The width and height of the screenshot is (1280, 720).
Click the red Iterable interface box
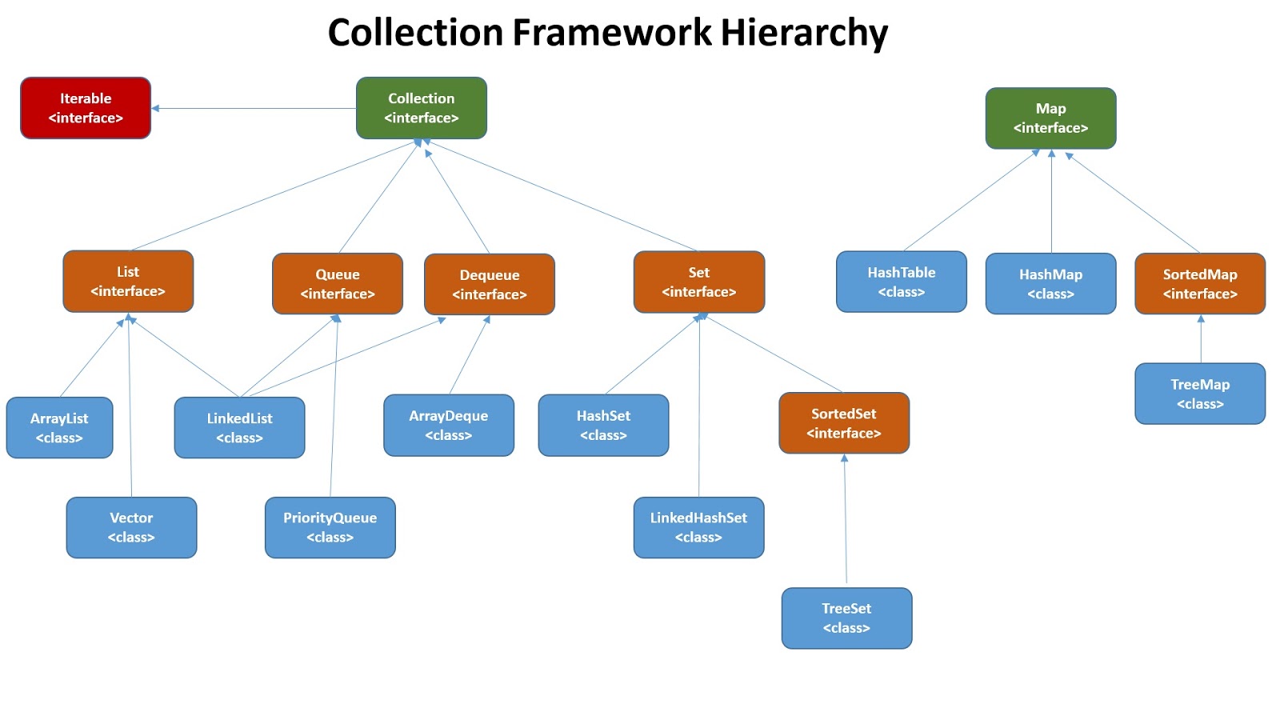(x=86, y=108)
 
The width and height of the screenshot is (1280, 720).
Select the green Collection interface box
(x=422, y=108)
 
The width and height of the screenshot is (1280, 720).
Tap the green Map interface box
(x=1050, y=118)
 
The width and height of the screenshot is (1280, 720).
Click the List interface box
(x=128, y=282)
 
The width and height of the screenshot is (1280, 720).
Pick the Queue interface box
(x=338, y=284)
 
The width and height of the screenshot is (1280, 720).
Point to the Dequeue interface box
(x=490, y=285)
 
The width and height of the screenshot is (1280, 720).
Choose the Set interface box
(x=699, y=282)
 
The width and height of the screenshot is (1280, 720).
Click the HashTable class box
(x=902, y=282)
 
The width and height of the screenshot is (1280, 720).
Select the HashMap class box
(x=1050, y=284)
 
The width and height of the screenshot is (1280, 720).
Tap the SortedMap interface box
(x=1200, y=284)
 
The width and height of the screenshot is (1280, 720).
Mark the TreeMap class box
(x=1200, y=394)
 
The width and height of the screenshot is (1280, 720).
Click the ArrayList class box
(x=59, y=428)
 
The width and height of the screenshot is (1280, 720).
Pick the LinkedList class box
(x=240, y=428)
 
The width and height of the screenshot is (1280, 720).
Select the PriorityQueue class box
(x=330, y=528)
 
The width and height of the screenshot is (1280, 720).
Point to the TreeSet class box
(x=846, y=618)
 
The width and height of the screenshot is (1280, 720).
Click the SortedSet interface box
(x=844, y=423)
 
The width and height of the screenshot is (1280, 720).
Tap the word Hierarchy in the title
(x=804, y=33)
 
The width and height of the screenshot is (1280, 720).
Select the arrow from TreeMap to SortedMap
(x=1201, y=339)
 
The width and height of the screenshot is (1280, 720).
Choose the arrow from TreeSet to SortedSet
(x=846, y=520)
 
